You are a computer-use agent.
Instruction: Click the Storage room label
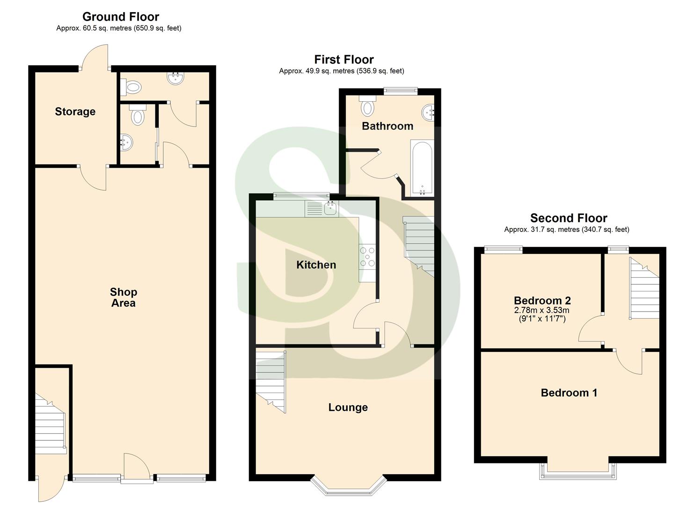pos(75,112)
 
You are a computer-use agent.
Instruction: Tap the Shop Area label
pos(123,298)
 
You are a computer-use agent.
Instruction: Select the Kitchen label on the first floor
pos(316,265)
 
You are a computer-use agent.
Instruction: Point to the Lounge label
pos(348,408)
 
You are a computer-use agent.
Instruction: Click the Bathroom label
pos(388,126)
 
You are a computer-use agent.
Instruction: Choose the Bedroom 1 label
pos(569,393)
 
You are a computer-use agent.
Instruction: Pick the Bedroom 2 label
pos(542,301)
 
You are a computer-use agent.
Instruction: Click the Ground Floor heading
pos(121,17)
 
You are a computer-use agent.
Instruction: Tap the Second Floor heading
pos(568,218)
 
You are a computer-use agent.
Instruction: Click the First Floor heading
pos(344,60)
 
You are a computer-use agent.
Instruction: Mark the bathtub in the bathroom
pos(422,168)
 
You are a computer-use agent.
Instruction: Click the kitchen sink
pos(331,208)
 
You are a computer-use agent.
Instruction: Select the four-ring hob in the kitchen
pos(367,257)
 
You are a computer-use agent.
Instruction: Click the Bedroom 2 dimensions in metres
pos(542,310)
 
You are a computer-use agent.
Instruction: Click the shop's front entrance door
pos(137,466)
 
